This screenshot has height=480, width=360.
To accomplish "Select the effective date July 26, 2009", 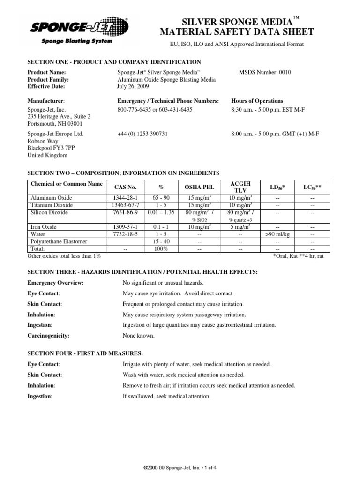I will point(133,86).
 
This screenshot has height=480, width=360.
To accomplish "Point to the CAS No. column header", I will point(124,187).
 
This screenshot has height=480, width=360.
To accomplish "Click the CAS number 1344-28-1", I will point(124,198).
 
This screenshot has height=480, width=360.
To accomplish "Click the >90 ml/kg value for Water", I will point(277,234).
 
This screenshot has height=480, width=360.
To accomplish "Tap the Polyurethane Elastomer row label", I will point(60,241).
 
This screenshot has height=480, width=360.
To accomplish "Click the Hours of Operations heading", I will point(257,101).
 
